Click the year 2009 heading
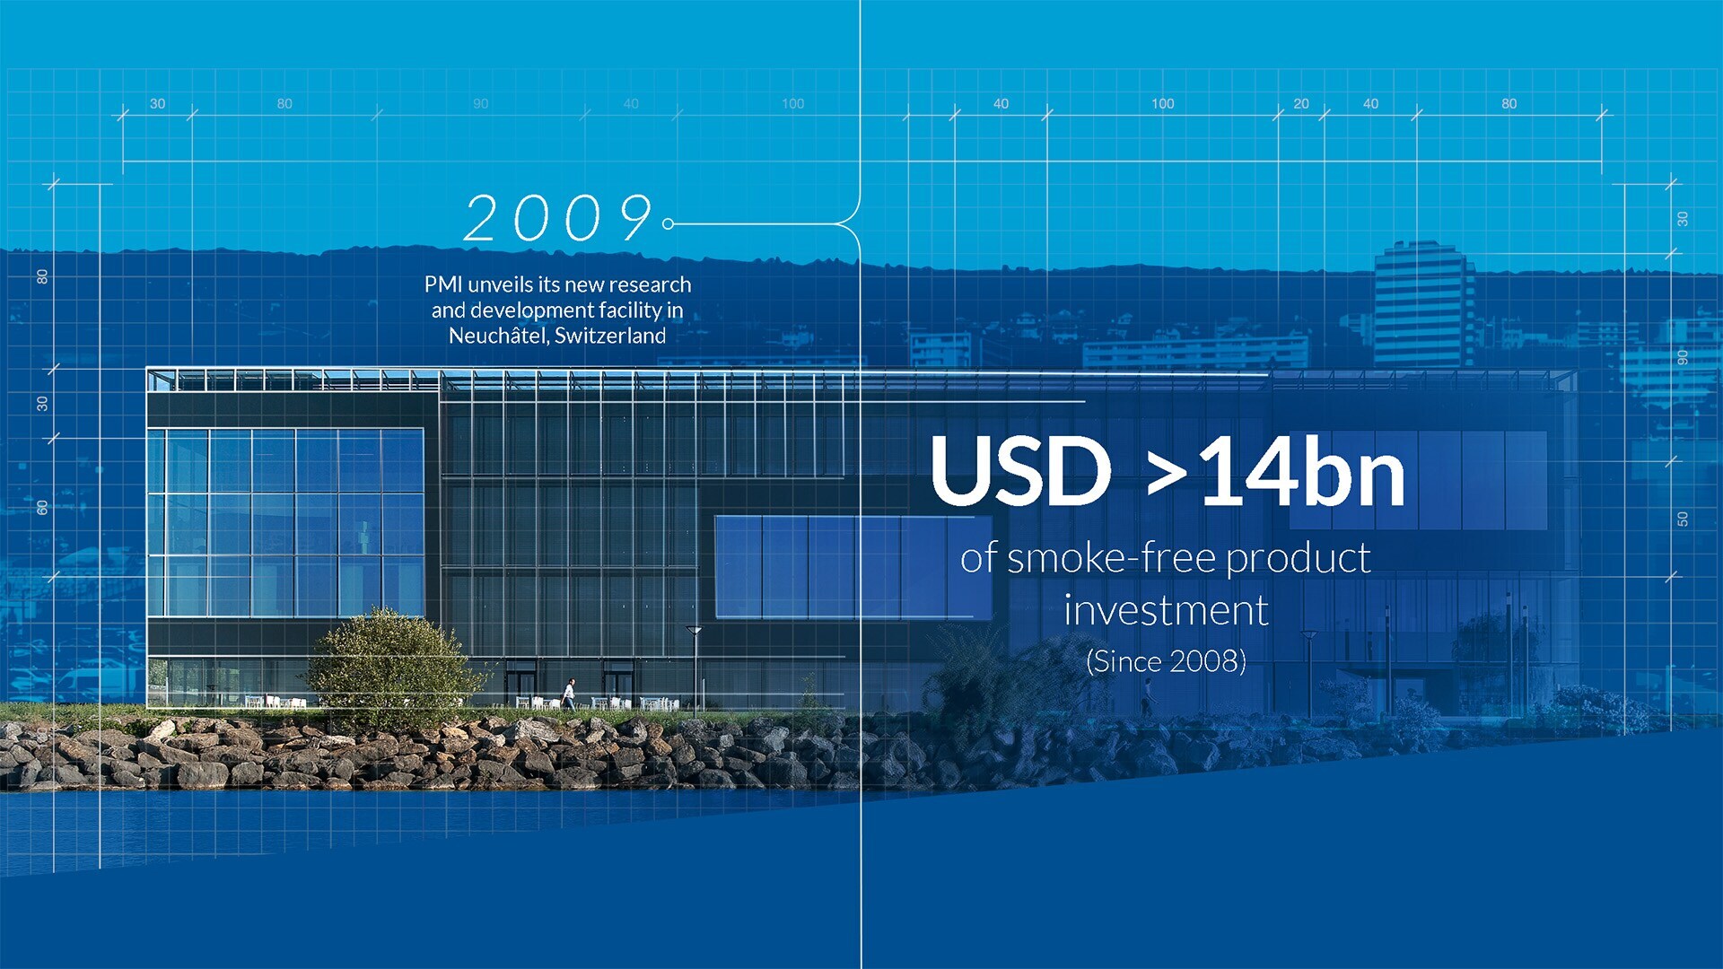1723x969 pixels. tap(558, 218)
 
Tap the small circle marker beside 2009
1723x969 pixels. tap(668, 223)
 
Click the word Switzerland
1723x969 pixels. tap(610, 336)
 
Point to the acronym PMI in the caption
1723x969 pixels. tap(443, 284)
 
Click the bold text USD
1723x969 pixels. tap(1020, 470)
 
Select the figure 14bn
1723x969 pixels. tap(1302, 472)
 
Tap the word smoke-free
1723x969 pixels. tap(1112, 558)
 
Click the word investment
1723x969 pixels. tap(1166, 611)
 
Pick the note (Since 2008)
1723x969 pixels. tap(1166, 661)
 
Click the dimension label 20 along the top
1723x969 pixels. tap(1301, 104)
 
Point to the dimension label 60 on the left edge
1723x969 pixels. tap(42, 508)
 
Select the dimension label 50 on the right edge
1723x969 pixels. tap(1683, 519)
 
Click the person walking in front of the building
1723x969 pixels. tap(569, 694)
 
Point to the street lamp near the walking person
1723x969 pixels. tap(694, 668)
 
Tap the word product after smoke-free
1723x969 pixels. tap(1299, 559)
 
